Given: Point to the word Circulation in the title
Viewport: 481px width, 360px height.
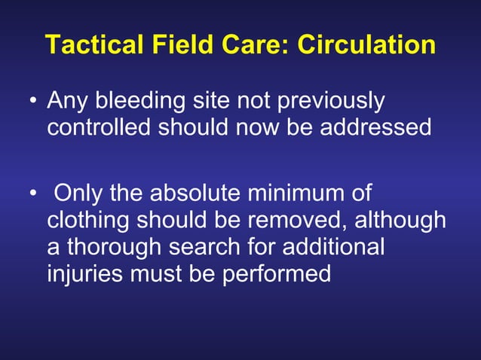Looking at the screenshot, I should [x=366, y=44].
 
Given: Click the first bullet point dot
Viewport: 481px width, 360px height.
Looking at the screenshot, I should [x=33, y=102].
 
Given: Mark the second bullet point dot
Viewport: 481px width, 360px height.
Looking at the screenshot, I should [x=33, y=195].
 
